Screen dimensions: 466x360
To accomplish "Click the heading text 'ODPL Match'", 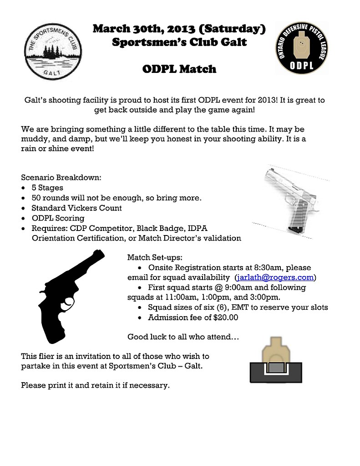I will click(x=179, y=69).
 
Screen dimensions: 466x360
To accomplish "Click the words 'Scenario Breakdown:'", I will click(x=61, y=177).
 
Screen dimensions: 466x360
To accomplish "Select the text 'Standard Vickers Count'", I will click(x=76, y=208).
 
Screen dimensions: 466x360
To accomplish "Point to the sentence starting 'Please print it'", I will click(x=95, y=385).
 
